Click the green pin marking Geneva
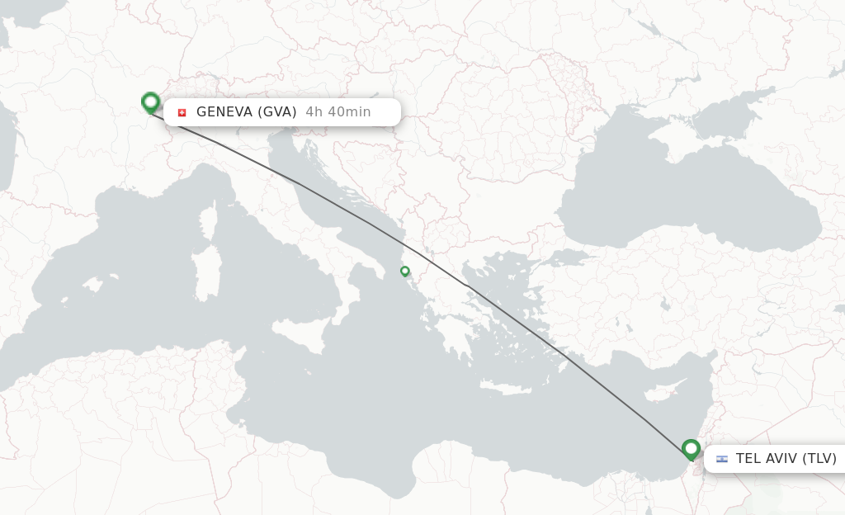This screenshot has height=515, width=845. (x=150, y=102)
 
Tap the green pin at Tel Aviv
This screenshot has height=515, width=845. (x=692, y=449)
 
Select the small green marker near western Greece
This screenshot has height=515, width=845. (x=404, y=271)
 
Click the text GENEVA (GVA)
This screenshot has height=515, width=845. (x=246, y=112)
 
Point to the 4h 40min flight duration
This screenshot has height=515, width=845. (x=338, y=112)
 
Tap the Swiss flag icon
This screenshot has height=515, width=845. (x=182, y=112)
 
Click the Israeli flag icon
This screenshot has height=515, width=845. (x=722, y=459)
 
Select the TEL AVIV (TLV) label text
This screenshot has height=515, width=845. (x=786, y=459)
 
